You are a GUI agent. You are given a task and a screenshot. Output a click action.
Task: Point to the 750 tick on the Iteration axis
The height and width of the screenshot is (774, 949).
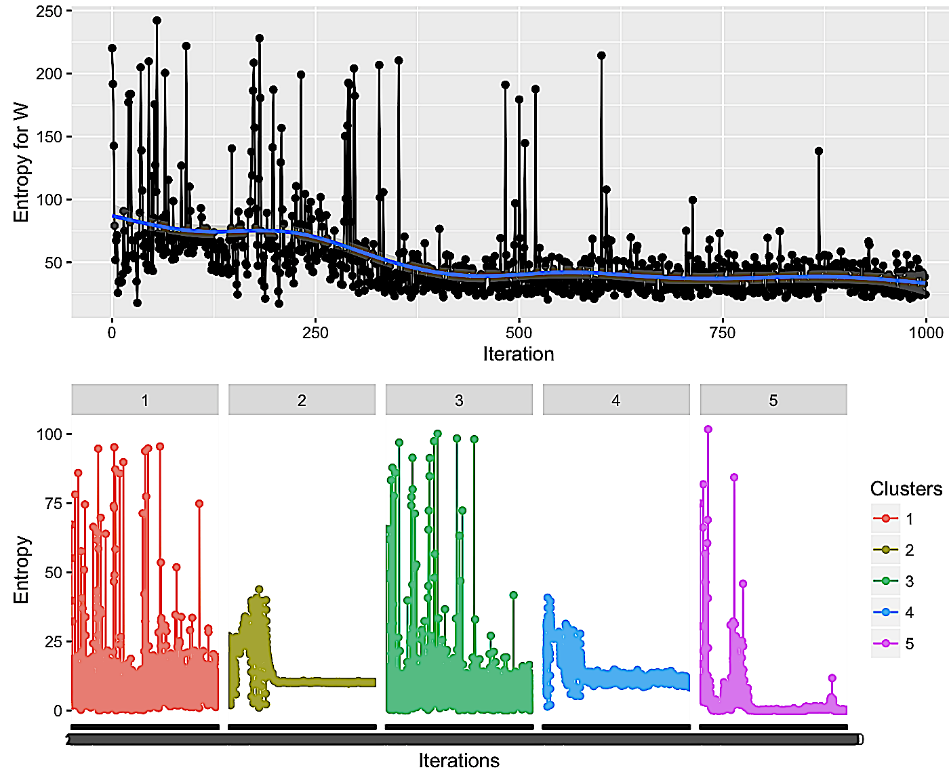(722, 333)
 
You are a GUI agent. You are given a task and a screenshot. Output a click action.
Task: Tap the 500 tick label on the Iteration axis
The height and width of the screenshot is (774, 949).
(519, 333)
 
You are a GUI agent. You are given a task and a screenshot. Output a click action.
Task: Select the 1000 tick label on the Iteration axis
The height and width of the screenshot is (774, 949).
(925, 333)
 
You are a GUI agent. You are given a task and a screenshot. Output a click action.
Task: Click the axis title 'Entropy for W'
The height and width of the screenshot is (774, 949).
(21, 163)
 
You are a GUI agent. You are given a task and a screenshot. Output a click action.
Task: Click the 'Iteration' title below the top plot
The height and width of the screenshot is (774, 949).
(519, 354)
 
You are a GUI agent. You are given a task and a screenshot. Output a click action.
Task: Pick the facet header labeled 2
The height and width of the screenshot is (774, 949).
(302, 400)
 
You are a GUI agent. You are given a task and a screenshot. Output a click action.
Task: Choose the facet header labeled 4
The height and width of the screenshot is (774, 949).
(615, 400)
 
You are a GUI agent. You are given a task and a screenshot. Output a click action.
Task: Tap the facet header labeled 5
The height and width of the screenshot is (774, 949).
(773, 400)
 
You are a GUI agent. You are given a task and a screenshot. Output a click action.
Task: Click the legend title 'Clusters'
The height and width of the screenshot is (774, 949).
(906, 489)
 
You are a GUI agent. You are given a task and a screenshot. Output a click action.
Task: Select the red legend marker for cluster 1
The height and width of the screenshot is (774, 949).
(885, 519)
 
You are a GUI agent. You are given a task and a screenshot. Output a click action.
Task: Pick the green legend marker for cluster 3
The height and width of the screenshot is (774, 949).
(885, 582)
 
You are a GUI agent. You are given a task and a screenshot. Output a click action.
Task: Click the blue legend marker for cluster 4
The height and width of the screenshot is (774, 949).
(885, 613)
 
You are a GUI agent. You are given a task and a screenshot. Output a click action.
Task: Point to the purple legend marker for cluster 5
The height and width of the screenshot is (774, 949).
(885, 644)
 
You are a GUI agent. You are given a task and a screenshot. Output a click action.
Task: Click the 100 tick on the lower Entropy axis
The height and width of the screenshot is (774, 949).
(49, 434)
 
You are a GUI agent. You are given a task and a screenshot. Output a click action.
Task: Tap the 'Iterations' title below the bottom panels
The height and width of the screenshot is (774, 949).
(459, 760)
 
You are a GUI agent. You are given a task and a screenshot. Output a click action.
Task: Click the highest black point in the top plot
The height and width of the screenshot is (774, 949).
(157, 20)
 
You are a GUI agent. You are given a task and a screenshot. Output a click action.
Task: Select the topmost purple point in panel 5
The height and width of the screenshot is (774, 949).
(708, 429)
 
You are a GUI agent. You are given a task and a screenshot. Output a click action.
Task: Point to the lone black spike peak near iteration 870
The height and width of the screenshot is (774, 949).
(819, 151)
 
